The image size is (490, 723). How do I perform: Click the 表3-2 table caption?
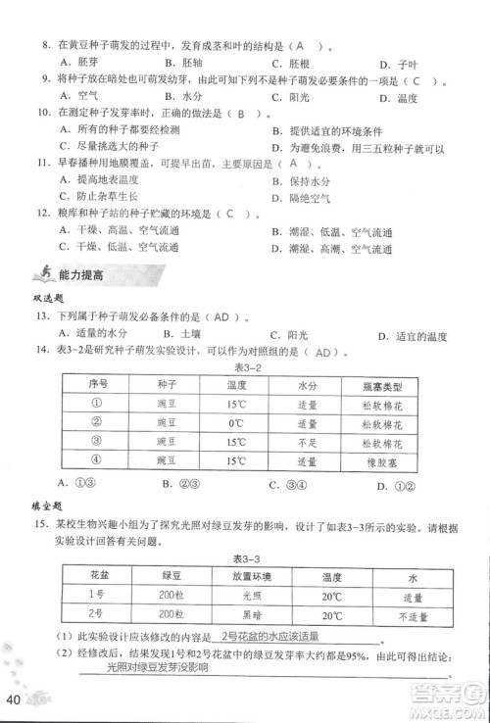pyautogui.click(x=244, y=366)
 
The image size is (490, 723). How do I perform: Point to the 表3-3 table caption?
pyautogui.click(x=245, y=557)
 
